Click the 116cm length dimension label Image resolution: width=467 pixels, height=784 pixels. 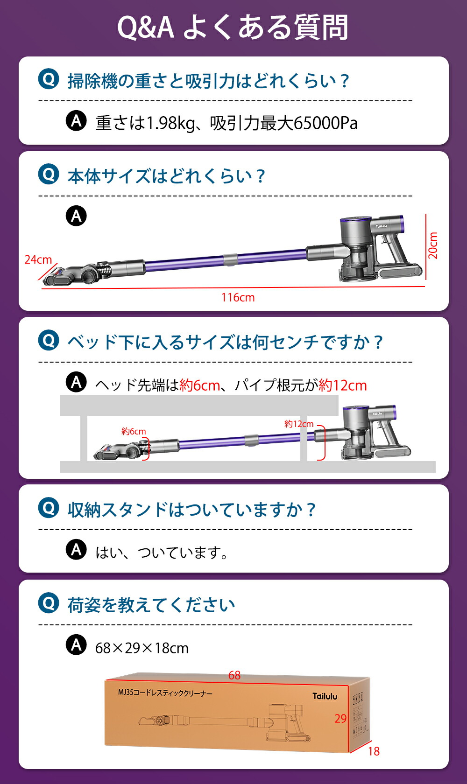(x=238, y=297)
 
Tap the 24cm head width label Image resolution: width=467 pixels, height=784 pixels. (x=38, y=259)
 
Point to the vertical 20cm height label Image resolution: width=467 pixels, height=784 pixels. (x=433, y=245)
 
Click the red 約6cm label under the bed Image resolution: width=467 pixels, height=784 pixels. (x=134, y=431)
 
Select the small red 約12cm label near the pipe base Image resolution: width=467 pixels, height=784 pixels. (x=299, y=424)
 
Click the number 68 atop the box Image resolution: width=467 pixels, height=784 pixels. (x=234, y=675)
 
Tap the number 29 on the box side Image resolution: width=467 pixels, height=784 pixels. (x=340, y=719)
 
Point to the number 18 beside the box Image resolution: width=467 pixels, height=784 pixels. (x=374, y=751)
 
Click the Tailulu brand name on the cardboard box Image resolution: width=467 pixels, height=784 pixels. (x=325, y=696)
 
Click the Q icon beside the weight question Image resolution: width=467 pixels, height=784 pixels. (x=49, y=79)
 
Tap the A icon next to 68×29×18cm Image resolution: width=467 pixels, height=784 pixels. (x=76, y=645)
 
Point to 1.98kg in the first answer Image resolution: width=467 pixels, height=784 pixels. (x=171, y=123)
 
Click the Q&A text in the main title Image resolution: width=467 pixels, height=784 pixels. (x=145, y=28)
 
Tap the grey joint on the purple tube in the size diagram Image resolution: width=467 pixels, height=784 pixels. (x=230, y=260)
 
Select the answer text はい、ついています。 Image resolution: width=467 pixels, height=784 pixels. (x=162, y=553)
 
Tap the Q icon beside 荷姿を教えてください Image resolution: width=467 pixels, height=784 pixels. (x=49, y=603)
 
